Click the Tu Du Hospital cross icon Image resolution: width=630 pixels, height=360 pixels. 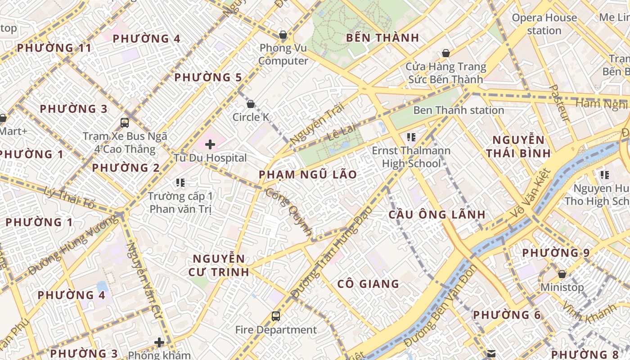(x=210, y=144)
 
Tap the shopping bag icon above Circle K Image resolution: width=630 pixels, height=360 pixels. (x=251, y=104)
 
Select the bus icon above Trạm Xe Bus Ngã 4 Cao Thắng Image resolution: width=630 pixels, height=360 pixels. (x=125, y=122)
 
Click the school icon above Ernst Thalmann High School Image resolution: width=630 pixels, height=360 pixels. (x=410, y=137)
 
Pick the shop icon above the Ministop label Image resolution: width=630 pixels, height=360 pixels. (x=562, y=274)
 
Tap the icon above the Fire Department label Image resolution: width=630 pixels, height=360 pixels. (x=276, y=316)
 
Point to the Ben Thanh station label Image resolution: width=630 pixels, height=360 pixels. (x=458, y=110)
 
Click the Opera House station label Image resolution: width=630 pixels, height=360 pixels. (x=544, y=24)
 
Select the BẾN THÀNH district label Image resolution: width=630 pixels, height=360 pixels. (x=382, y=38)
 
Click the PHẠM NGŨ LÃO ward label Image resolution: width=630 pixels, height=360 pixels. (x=308, y=175)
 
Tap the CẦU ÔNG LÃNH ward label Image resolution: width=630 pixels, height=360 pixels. (x=437, y=215)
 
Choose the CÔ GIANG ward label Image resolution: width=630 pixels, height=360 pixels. (x=368, y=284)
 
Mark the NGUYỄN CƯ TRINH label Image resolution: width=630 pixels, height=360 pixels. (x=219, y=265)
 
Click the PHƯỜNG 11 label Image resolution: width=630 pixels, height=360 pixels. (x=54, y=48)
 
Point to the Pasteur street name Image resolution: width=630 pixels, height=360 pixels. (x=560, y=103)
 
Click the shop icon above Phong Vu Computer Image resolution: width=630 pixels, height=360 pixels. (x=283, y=35)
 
